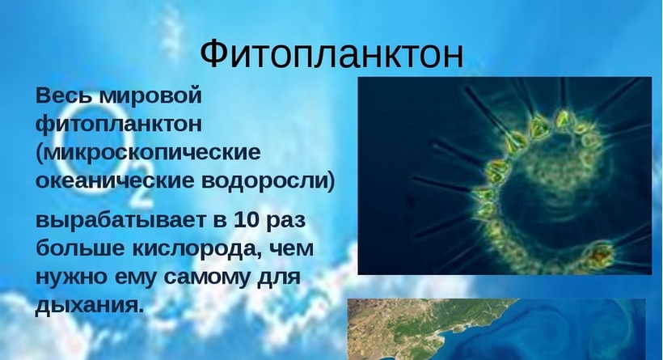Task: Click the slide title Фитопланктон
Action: coord(331,54)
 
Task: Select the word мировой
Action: coord(150,97)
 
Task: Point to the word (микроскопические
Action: coord(148,153)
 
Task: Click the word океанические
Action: coord(115,181)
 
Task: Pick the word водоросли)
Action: coord(268,181)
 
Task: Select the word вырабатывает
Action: coord(120,221)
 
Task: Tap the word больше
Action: coord(80,248)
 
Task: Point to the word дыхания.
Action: coord(89,306)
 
